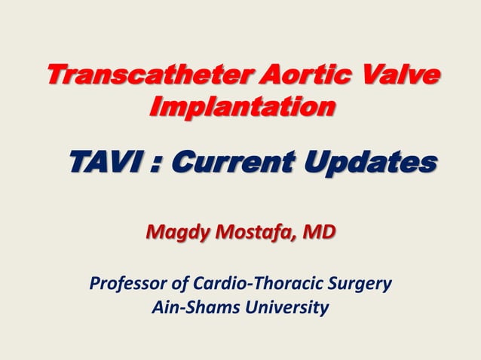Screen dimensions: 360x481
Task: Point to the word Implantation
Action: point(241,108)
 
